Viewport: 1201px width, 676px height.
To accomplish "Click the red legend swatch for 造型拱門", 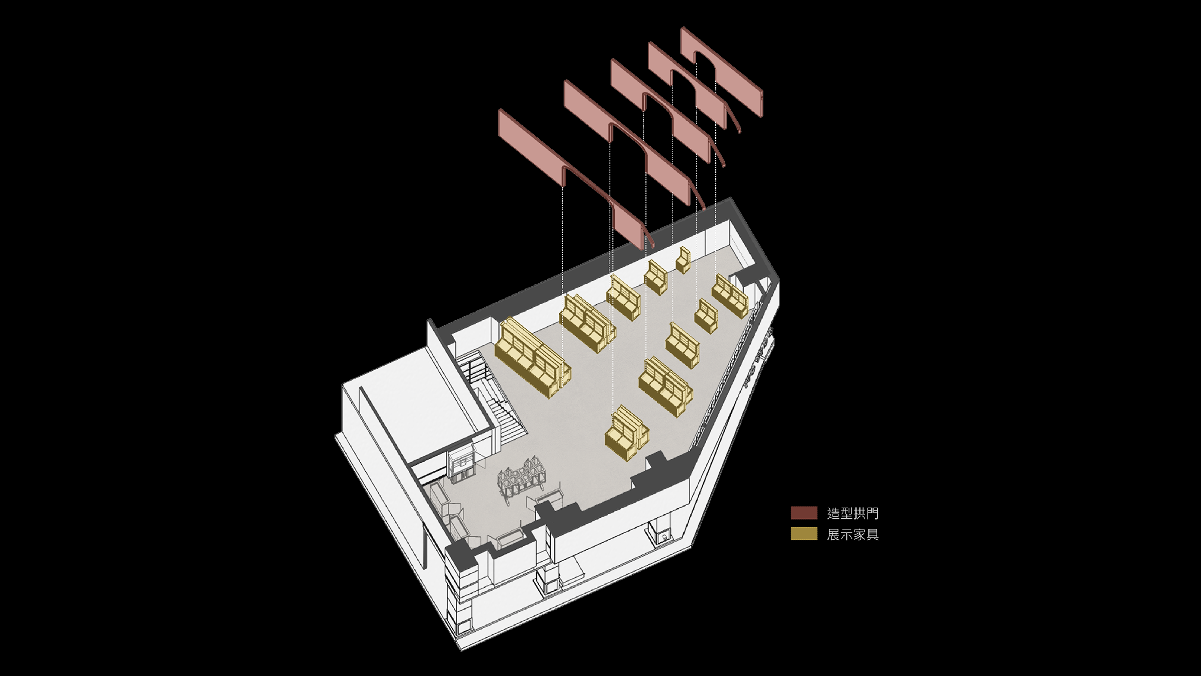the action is coord(804,513).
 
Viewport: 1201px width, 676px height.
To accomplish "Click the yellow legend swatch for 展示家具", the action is coord(804,534).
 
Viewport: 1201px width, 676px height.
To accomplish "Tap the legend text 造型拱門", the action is coord(853,513).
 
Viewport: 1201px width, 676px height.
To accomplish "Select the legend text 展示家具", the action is coord(853,534).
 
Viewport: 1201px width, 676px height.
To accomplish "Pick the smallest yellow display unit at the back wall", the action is coord(683,260).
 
